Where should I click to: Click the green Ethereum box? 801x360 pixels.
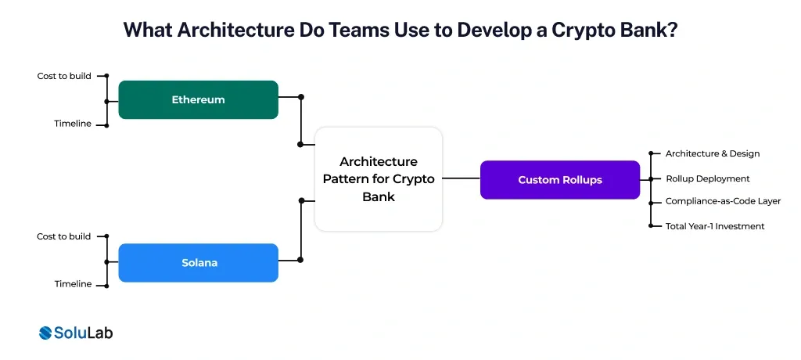[x=198, y=99]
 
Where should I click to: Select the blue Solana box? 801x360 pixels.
[x=198, y=263]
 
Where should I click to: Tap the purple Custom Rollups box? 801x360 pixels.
[x=559, y=180]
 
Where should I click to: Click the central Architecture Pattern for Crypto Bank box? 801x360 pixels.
[x=379, y=179]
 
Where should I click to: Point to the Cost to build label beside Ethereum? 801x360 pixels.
[x=64, y=76]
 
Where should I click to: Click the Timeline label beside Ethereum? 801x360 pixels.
[x=73, y=124]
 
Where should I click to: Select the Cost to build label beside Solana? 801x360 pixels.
[x=64, y=236]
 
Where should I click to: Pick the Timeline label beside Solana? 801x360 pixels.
[x=73, y=284]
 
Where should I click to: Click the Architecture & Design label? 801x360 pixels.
[x=712, y=153]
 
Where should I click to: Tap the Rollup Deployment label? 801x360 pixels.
[x=707, y=178]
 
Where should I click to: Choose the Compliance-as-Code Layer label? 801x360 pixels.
[x=723, y=201]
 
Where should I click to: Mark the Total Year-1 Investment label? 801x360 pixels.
[x=714, y=226]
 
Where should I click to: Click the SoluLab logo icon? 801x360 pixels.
[x=45, y=333]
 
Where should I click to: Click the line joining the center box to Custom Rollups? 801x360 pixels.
[x=462, y=178]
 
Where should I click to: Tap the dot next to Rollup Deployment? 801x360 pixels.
[x=652, y=178]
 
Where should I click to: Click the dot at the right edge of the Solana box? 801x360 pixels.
[x=301, y=260]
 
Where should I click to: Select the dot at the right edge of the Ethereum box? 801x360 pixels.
[x=301, y=97]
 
